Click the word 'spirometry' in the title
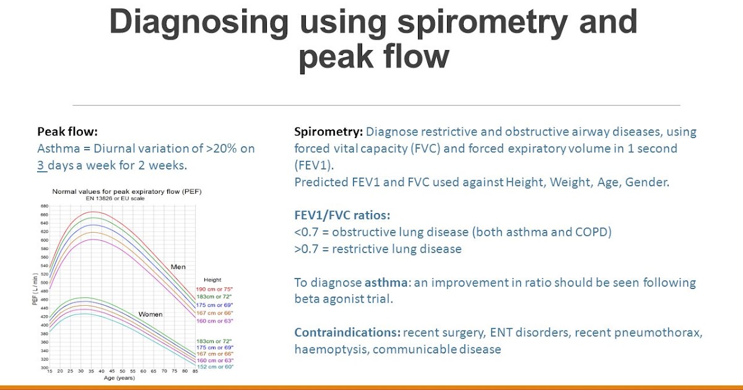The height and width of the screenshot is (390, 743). click(482, 22)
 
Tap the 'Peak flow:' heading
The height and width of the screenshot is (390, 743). click(67, 132)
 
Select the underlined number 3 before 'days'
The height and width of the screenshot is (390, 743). click(41, 165)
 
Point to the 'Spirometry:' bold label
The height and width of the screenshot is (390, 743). click(329, 132)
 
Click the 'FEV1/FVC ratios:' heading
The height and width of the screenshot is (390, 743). click(342, 215)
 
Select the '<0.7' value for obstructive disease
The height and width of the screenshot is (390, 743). click(306, 232)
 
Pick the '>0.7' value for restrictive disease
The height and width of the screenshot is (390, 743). click(306, 249)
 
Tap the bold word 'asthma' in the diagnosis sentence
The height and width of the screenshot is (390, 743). click(386, 282)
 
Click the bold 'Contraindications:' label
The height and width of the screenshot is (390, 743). click(347, 332)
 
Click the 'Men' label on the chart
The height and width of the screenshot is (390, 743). click(178, 267)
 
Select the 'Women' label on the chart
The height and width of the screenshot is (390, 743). click(150, 314)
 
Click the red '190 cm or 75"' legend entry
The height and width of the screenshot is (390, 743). click(214, 289)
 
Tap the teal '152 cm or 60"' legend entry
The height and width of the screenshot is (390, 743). click(215, 366)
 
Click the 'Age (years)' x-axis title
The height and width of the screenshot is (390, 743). click(119, 378)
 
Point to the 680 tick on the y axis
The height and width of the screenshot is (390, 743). click(45, 206)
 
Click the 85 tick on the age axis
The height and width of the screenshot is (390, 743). click(195, 371)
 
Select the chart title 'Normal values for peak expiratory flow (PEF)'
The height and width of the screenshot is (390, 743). click(127, 192)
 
